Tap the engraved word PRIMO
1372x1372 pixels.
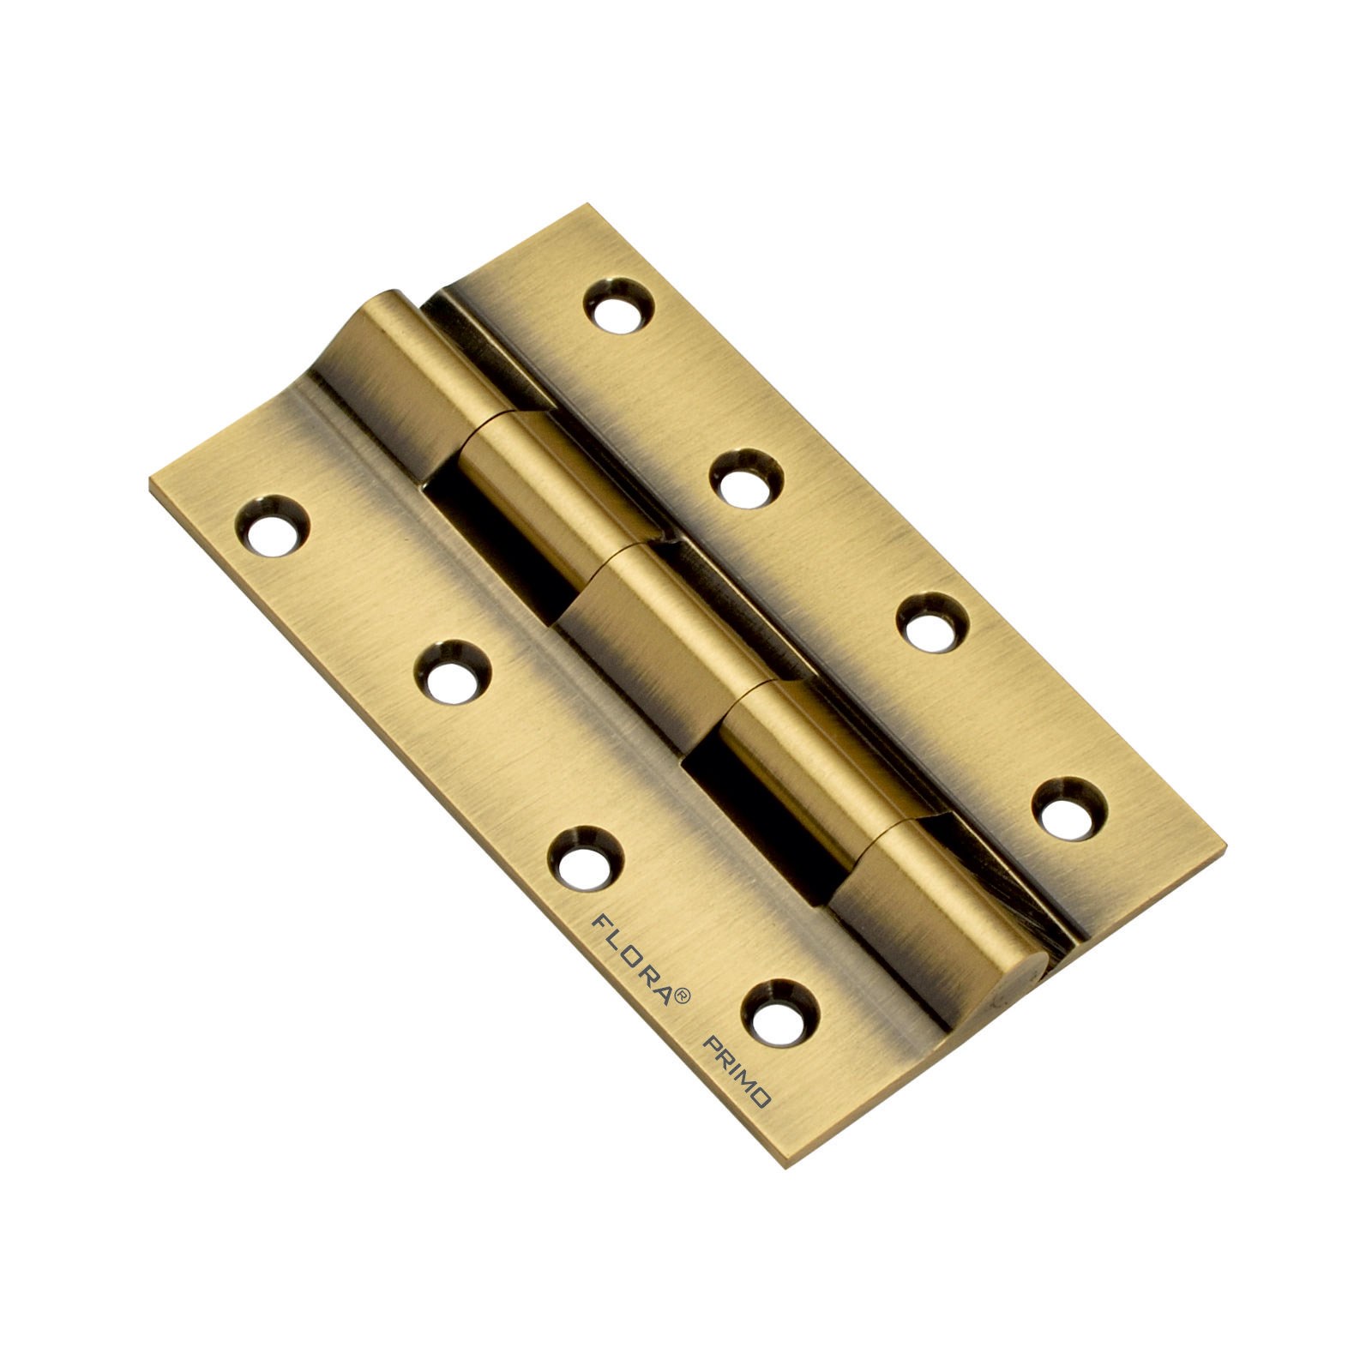738,1073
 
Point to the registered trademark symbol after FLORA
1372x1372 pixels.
683,996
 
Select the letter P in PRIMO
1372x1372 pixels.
711,1044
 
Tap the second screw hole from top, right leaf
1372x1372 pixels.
745,479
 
